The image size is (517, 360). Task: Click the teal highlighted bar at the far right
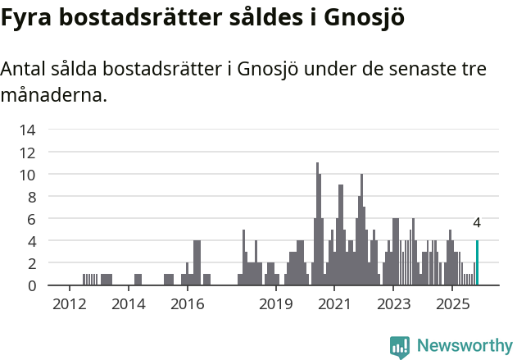pyautogui.click(x=477, y=263)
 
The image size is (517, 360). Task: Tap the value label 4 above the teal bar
pyautogui.click(x=477, y=223)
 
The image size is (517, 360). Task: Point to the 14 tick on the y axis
pyautogui.click(x=27, y=130)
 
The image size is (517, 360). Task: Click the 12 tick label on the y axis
pyautogui.click(x=27, y=152)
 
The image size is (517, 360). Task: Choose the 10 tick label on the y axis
pyautogui.click(x=27, y=175)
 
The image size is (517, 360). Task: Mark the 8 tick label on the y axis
pyautogui.click(x=30, y=197)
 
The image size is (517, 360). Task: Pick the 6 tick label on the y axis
pyautogui.click(x=30, y=219)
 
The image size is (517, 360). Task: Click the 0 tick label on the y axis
pyautogui.click(x=30, y=286)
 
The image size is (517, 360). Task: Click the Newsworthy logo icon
pyautogui.click(x=400, y=346)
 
